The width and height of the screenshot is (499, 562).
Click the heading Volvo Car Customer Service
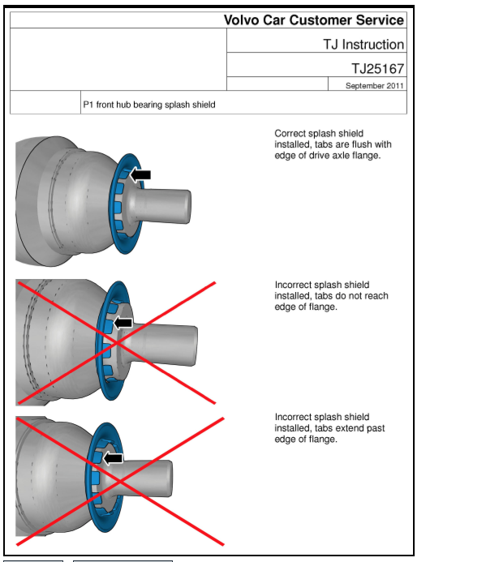point(313,19)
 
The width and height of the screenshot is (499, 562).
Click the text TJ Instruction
point(363,44)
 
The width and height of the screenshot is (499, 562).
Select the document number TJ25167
point(377,69)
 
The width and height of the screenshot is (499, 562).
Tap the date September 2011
point(374,85)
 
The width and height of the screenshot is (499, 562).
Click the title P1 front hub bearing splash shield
point(149,105)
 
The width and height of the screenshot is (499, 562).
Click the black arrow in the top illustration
point(140,174)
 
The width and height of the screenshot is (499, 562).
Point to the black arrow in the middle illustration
point(122,323)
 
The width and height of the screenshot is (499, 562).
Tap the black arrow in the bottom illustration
point(113,458)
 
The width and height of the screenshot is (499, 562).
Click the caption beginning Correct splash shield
point(333,144)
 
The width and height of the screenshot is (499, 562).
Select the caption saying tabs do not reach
point(331,296)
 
